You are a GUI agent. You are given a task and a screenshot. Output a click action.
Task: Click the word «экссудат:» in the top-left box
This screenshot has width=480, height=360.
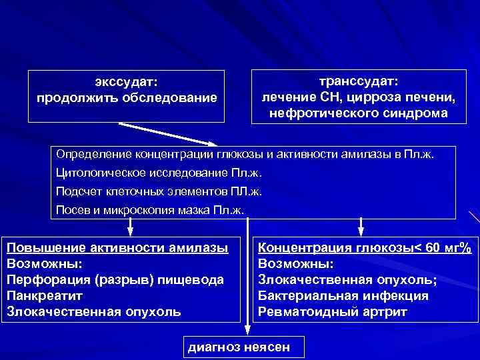tap(127, 82)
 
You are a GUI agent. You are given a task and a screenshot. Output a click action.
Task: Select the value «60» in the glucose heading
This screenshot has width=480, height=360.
tap(433, 248)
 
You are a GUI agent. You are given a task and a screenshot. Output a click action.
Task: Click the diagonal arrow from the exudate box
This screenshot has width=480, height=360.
tap(167, 134)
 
